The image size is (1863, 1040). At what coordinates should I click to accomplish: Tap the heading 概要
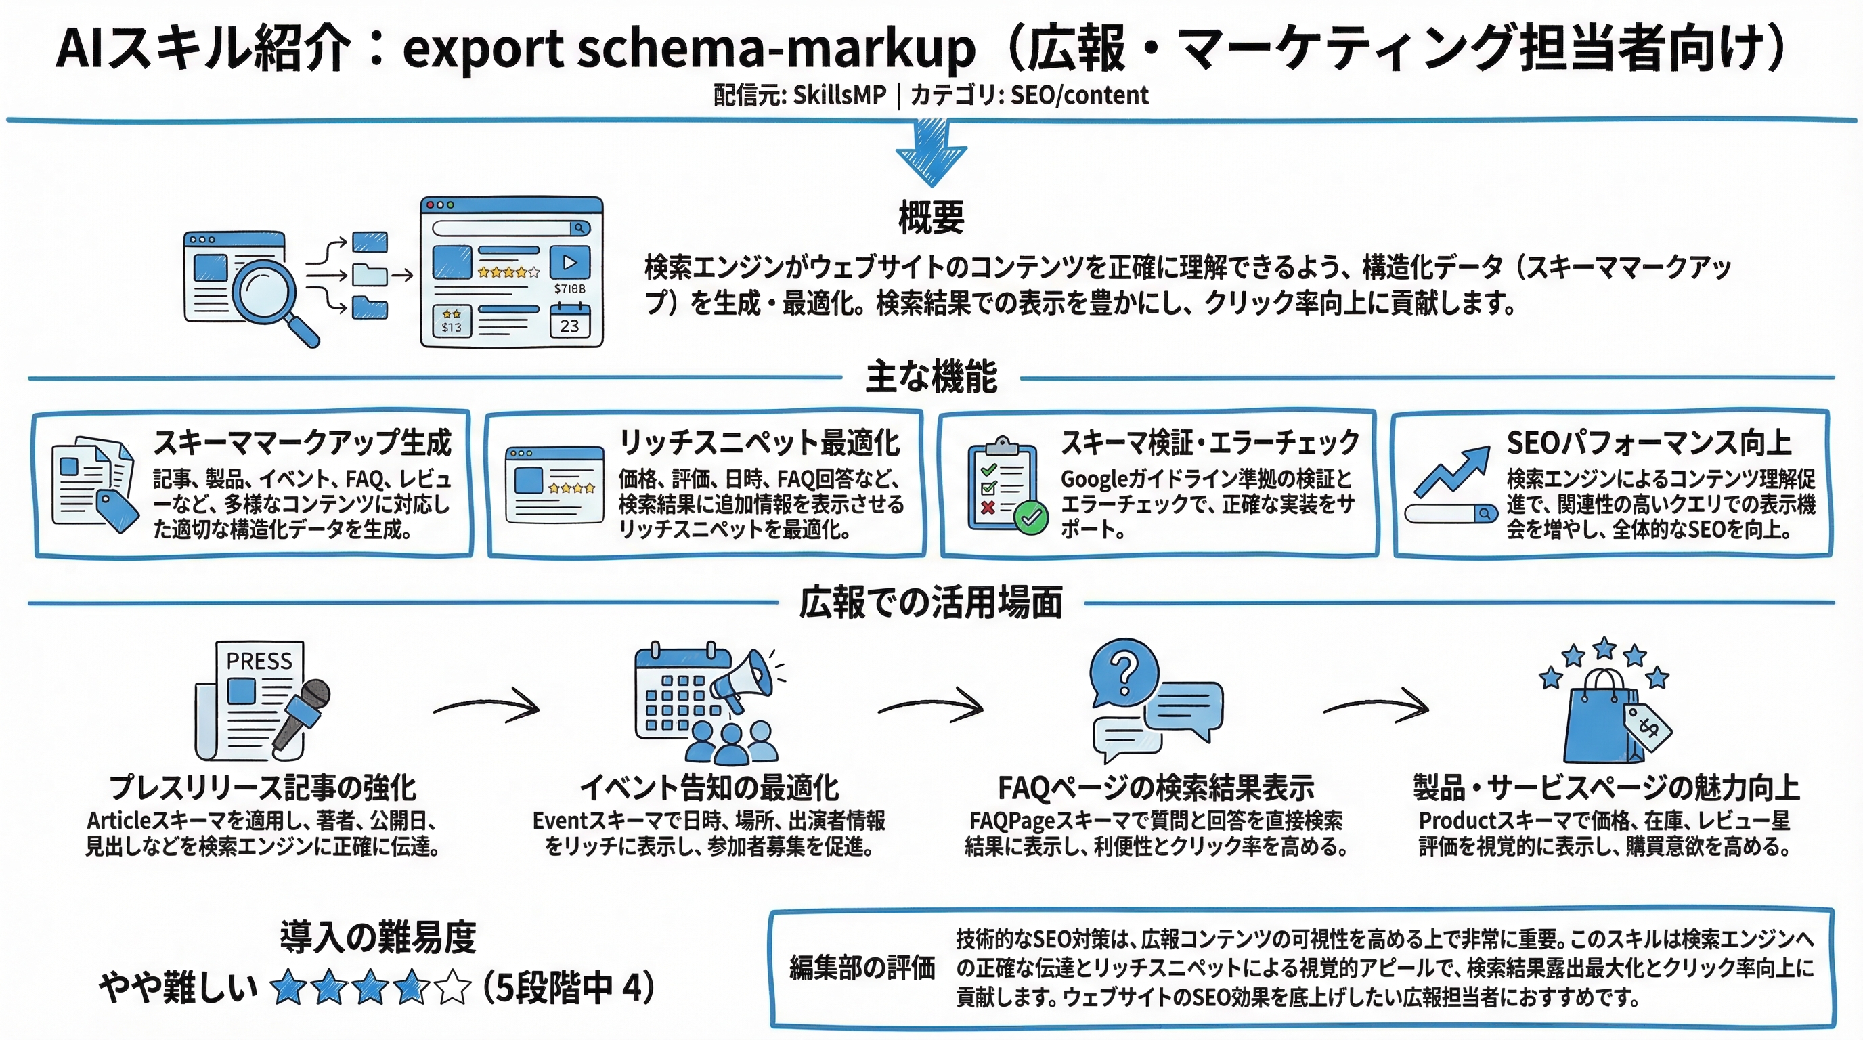(x=931, y=217)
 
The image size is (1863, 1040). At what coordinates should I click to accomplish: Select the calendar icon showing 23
(x=569, y=321)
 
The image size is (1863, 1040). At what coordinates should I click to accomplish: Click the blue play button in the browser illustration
(x=569, y=262)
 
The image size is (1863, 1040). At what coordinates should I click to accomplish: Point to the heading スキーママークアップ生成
(x=303, y=443)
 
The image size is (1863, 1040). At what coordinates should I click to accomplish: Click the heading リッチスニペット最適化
(x=760, y=443)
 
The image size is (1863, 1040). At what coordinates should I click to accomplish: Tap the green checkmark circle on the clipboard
(x=1030, y=517)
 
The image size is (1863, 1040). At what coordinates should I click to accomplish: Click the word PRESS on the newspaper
(x=259, y=661)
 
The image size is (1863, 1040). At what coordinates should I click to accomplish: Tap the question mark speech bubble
(x=1123, y=672)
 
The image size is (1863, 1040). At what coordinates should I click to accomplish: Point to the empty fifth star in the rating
(x=454, y=988)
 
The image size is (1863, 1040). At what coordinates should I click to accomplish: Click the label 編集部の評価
(x=862, y=968)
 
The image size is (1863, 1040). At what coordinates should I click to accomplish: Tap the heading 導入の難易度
(x=378, y=937)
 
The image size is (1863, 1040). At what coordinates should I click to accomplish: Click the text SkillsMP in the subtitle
(x=839, y=95)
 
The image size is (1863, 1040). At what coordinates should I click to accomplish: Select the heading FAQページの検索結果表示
(x=1156, y=787)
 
